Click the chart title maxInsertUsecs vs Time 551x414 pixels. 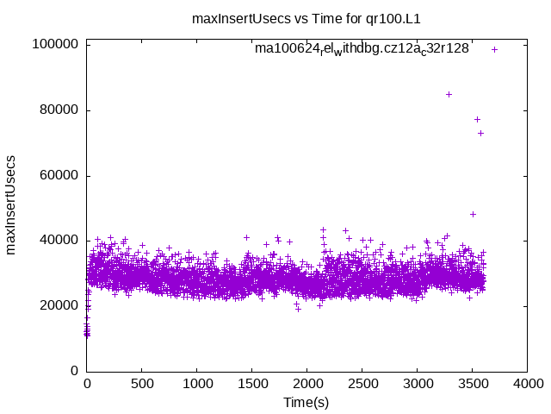[x=306, y=17]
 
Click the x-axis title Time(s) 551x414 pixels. [x=306, y=402]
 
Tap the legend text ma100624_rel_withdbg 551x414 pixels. [x=362, y=49]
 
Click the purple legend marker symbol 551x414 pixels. [x=494, y=49]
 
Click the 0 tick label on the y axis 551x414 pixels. [x=76, y=371]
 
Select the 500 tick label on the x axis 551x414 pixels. [x=142, y=385]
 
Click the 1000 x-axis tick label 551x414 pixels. [x=197, y=385]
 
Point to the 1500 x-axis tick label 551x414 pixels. [x=252, y=385]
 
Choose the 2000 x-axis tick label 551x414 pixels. [x=307, y=385]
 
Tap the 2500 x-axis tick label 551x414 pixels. [x=362, y=385]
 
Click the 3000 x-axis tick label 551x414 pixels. [x=418, y=385]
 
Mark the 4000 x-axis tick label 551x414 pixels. [x=527, y=385]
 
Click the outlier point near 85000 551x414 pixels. [x=449, y=94]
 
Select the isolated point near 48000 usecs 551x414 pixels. [x=473, y=214]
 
